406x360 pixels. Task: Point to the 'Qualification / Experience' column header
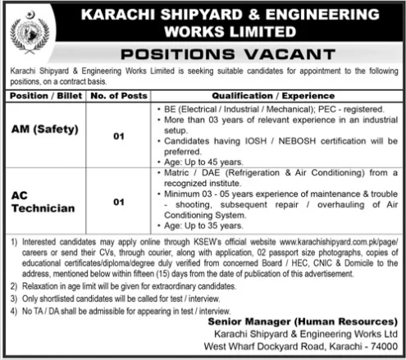pyautogui.click(x=265, y=96)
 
